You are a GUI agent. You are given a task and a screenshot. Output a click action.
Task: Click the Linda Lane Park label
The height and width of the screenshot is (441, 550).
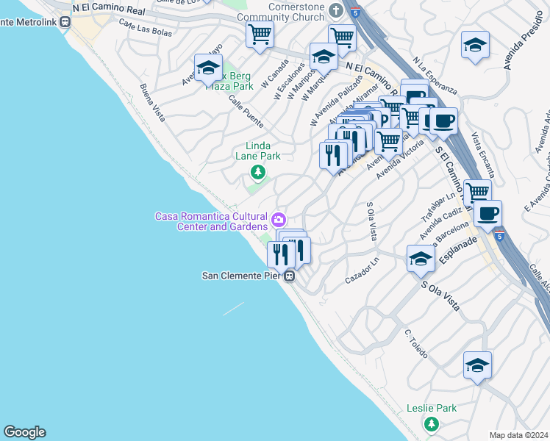(258, 151)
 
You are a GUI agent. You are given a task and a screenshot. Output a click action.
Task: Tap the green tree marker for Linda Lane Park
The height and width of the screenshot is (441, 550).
(257, 173)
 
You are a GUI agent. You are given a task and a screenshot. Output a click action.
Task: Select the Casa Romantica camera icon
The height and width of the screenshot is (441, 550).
(279, 219)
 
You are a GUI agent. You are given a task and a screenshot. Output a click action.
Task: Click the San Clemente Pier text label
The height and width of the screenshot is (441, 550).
(242, 276)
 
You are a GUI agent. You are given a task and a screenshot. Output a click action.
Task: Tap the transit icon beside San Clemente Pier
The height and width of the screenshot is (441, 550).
(290, 276)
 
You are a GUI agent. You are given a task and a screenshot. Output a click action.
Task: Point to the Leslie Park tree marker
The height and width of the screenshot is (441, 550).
(432, 423)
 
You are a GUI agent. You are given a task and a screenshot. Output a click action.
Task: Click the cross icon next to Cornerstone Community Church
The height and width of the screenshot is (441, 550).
(336, 10)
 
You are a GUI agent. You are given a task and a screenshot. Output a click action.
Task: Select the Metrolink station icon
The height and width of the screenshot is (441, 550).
(65, 21)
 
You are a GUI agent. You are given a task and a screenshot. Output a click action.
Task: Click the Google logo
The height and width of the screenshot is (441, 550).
(24, 432)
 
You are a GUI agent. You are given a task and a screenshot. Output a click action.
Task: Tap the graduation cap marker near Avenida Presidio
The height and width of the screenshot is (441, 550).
(475, 46)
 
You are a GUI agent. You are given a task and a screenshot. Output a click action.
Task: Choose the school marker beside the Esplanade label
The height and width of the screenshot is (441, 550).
(421, 258)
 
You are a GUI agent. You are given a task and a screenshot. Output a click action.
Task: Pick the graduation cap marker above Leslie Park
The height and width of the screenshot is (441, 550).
(477, 365)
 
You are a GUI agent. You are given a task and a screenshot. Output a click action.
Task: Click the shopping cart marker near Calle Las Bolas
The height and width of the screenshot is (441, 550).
(260, 34)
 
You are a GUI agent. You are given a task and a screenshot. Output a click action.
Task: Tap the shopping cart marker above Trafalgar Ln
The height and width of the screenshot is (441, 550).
(477, 192)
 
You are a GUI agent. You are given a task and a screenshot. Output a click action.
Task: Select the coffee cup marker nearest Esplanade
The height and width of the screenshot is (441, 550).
(488, 213)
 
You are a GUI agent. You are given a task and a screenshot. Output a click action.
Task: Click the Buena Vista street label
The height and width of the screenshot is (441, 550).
(153, 102)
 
